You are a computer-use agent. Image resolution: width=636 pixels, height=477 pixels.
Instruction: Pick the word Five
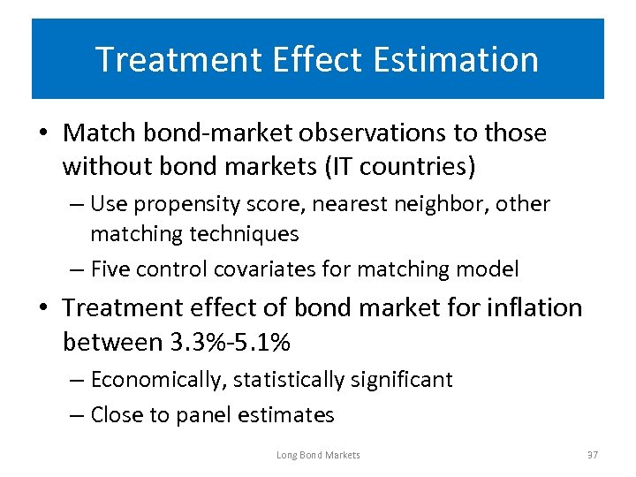pos(112,269)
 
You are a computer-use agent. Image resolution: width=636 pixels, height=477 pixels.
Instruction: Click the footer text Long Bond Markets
pos(318,455)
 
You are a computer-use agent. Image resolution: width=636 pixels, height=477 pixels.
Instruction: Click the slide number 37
pos(592,455)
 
